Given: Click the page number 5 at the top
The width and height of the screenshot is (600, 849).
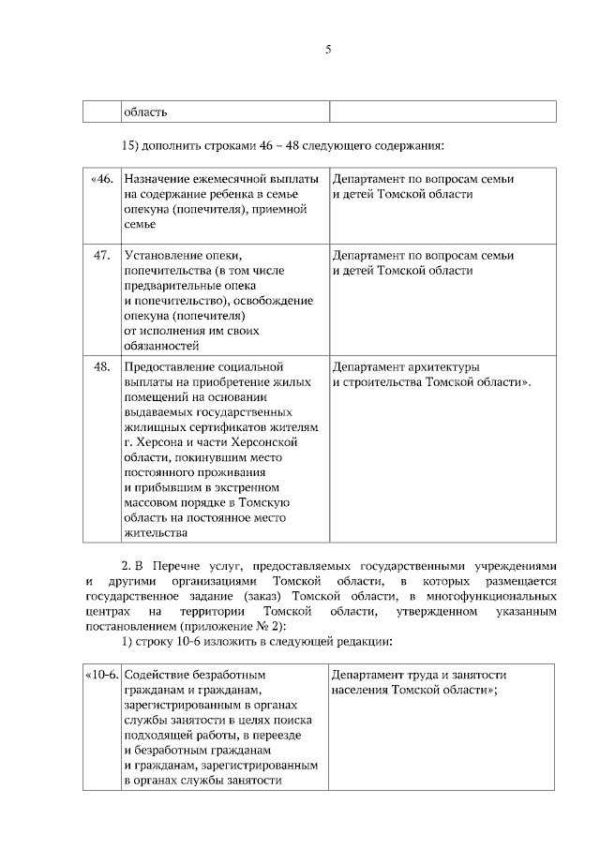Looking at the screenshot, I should tap(328, 51).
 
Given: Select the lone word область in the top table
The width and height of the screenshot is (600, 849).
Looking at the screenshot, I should tap(145, 112).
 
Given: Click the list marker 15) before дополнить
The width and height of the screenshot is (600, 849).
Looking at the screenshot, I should tap(132, 146).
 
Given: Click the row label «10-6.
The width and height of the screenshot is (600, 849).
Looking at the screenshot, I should tap(101, 675).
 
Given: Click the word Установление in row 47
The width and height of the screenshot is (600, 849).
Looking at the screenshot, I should tap(163, 255).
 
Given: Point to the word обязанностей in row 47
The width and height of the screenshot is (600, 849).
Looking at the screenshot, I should tap(161, 346).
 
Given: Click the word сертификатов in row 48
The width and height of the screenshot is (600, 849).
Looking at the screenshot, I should tap(212, 427).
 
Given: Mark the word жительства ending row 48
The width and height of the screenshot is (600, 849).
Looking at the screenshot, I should tap(155, 533).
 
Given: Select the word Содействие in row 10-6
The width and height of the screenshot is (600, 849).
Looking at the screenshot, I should tap(159, 675).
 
